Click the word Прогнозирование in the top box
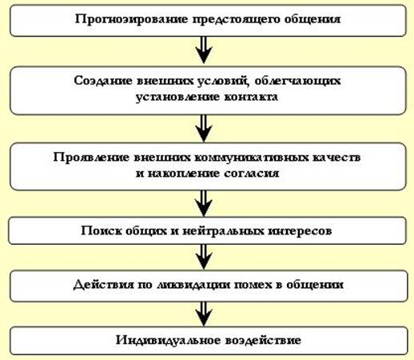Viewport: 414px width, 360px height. [131, 19]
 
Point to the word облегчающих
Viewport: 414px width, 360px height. [297, 82]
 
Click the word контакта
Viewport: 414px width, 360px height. [251, 97]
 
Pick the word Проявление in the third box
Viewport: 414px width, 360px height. [91, 158]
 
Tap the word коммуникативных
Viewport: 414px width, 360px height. [252, 158]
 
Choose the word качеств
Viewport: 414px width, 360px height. [336, 158]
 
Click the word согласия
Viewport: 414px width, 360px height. [251, 174]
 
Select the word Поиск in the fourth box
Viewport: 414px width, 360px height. [102, 230]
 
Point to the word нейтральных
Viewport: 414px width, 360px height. [223, 231]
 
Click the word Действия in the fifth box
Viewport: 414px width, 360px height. [104, 285]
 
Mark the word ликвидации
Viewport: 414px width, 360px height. [193, 285]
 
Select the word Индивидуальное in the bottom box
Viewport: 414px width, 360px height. [169, 340]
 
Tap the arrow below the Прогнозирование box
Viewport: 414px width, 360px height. [204, 50]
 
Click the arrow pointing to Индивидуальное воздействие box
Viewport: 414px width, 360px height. [204, 314]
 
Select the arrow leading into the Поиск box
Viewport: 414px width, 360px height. [204, 203]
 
